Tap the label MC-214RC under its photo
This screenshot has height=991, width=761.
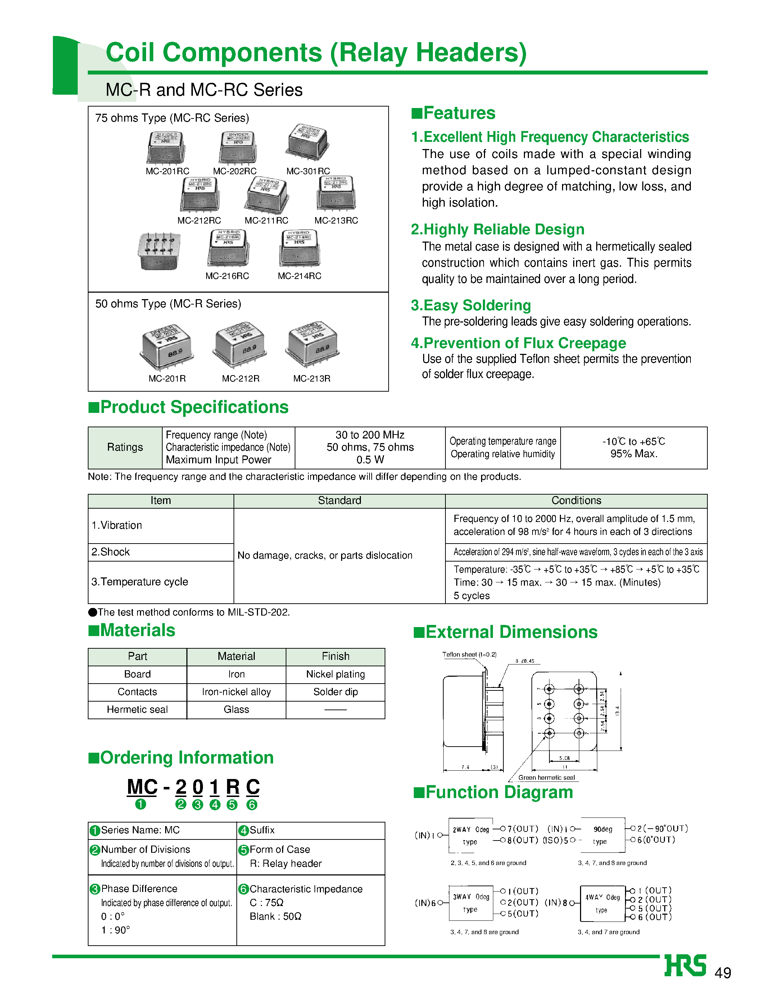point(299,276)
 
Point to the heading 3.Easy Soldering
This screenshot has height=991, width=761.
point(471,305)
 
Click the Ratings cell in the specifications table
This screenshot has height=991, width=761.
point(125,447)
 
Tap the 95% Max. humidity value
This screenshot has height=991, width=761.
point(633,454)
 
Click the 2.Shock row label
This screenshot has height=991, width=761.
point(110,552)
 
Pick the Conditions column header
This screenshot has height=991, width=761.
point(576,501)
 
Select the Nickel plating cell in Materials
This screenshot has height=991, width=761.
point(335,674)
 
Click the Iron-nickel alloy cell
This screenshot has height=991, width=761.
point(236,692)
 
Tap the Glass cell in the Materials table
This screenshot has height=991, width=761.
point(236,710)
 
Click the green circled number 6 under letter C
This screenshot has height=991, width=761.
point(252,805)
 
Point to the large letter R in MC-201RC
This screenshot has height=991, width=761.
point(232,787)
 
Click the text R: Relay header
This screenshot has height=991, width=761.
point(285,864)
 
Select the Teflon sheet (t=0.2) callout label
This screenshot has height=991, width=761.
point(469,654)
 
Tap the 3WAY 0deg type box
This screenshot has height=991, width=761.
point(471,903)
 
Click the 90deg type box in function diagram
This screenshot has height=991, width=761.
point(602,835)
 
